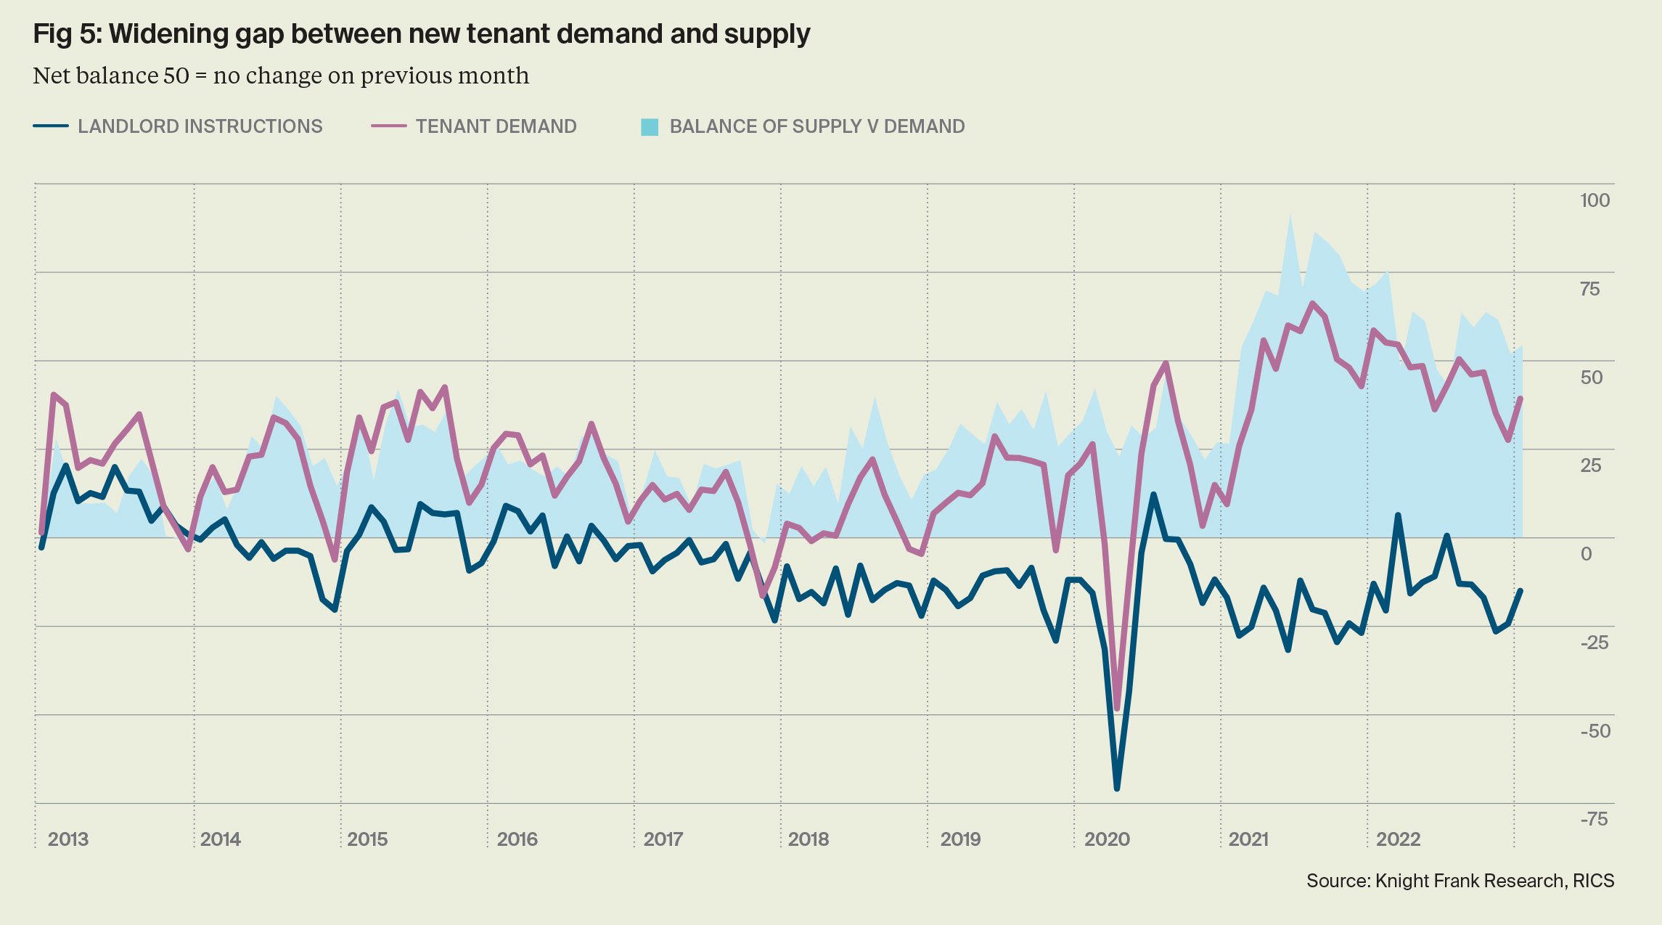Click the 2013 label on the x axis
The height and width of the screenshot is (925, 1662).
pyautogui.click(x=68, y=839)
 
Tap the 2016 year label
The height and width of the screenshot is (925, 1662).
pyautogui.click(x=517, y=839)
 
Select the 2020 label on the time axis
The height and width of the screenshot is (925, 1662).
pyautogui.click(x=1107, y=839)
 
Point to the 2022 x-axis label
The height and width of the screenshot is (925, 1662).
pyautogui.click(x=1398, y=839)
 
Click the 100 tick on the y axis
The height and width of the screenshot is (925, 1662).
pyautogui.click(x=1595, y=200)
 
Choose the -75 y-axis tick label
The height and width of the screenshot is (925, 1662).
pyautogui.click(x=1594, y=820)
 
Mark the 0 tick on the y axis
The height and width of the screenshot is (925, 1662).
pyautogui.click(x=1587, y=554)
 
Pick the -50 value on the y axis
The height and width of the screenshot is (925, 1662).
pyautogui.click(x=1595, y=731)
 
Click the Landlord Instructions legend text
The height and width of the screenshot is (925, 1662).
pyautogui.click(x=200, y=126)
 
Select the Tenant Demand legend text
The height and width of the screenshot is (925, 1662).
pyautogui.click(x=496, y=126)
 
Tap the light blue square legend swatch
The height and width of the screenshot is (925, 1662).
pyautogui.click(x=650, y=127)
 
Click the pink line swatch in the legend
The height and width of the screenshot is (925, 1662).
pyautogui.click(x=388, y=126)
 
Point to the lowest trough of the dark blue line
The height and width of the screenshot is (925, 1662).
pyautogui.click(x=1116, y=788)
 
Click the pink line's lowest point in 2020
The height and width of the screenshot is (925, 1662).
pyautogui.click(x=1117, y=709)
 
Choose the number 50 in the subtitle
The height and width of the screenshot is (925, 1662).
pyautogui.click(x=176, y=76)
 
